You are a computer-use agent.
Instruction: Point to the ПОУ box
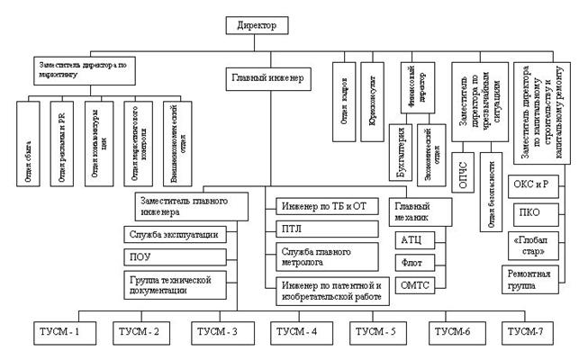coord(180,256)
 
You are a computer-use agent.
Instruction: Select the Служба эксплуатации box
coord(180,235)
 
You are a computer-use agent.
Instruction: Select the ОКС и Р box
coord(537,186)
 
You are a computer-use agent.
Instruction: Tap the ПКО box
coord(537,213)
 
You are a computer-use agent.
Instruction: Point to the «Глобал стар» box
coord(537,246)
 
